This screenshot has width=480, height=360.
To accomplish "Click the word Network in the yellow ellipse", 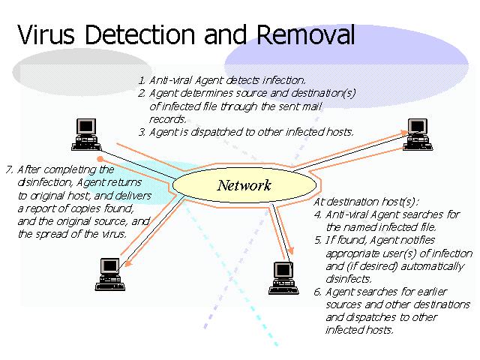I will point(244,185).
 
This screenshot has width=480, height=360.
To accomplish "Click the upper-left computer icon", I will point(88,133).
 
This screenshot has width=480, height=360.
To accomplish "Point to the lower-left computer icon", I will point(109,274).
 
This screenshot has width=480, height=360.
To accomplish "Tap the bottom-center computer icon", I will point(283,277).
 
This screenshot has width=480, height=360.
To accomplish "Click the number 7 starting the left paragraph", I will point(8,169).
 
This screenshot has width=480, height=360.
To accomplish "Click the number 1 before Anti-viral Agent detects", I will point(140,79).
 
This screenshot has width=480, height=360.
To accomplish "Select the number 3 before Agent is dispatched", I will point(140,132).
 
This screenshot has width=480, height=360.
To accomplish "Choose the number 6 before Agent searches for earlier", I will point(317,292).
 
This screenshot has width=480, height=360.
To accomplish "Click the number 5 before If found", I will point(317,241).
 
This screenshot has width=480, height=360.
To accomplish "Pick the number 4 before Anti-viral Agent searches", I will point(317,214).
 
